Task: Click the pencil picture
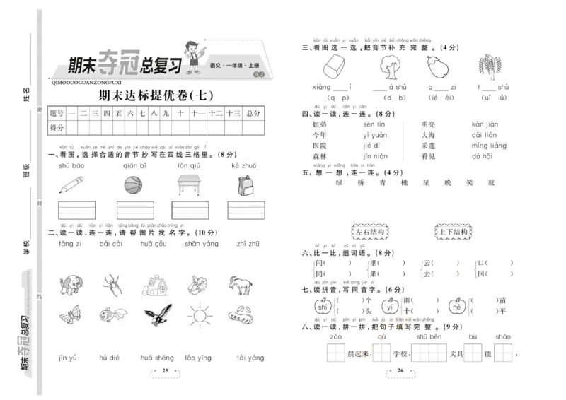click(71, 185)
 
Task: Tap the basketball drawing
click(134, 185)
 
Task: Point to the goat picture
click(241, 285)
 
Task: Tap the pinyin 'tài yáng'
click(250, 358)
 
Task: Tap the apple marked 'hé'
click(457, 307)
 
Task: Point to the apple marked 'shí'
click(322, 307)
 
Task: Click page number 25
click(166, 370)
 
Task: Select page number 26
click(400, 370)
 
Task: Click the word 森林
click(320, 156)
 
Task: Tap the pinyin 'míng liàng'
click(489, 146)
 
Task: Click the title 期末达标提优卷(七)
click(154, 95)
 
